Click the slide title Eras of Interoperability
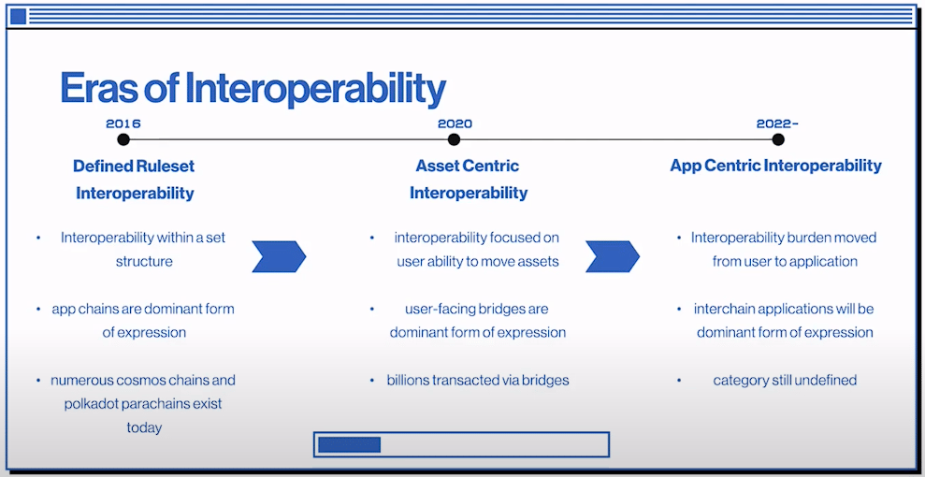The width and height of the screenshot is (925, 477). point(253,90)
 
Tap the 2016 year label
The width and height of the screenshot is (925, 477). point(123,123)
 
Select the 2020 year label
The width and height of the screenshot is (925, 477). point(455,123)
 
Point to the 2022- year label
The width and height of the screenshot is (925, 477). point(777,123)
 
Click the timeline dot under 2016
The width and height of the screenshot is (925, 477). point(123,139)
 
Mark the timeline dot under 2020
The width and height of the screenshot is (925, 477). point(454,139)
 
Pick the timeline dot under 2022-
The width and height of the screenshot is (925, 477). point(778,139)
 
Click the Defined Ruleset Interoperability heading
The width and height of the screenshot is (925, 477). point(135,180)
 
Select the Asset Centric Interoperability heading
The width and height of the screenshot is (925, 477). point(469,180)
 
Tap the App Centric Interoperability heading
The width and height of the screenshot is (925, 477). point(775,166)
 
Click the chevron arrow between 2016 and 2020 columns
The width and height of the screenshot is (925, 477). point(279,256)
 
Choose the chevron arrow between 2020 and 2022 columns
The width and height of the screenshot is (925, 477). point(613,256)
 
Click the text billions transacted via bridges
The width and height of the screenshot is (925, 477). point(478,381)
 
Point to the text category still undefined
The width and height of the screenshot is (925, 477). point(785,381)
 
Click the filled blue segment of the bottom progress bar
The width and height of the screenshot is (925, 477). point(349,444)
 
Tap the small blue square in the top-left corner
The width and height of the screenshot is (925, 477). point(19,17)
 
